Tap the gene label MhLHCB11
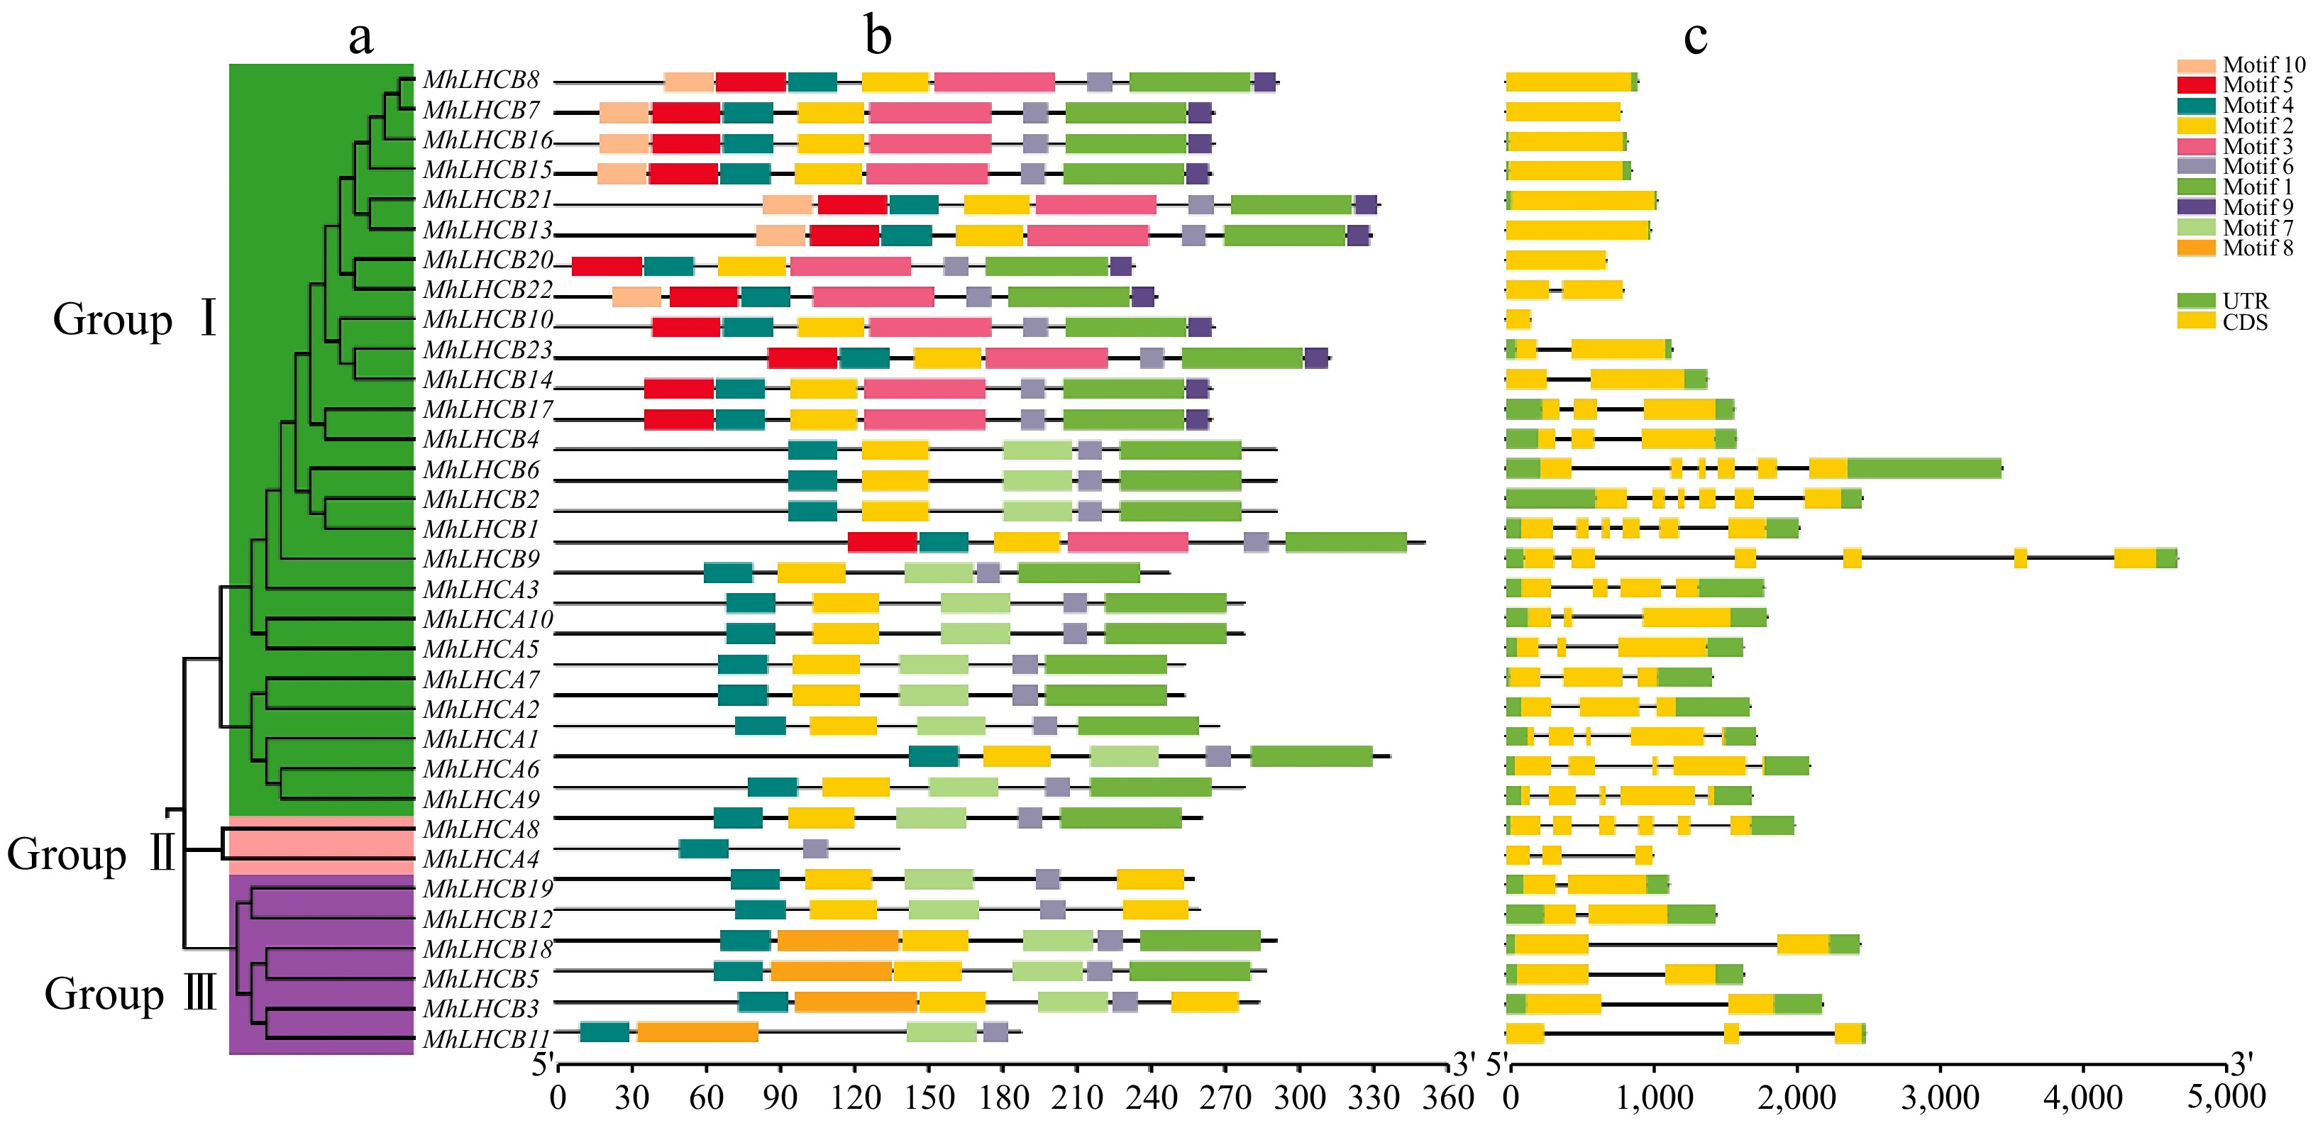(x=486, y=1039)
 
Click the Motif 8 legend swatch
(x=2195, y=248)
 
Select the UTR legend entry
(x=2235, y=301)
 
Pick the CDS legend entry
(x=2235, y=322)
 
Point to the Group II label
(x=91, y=853)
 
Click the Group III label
(x=131, y=994)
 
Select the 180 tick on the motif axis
(x=1003, y=1097)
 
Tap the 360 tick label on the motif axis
(x=1447, y=1097)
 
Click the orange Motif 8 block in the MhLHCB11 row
(x=697, y=1032)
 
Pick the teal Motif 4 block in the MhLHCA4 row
(x=703, y=848)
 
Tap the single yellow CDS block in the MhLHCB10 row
(x=1518, y=319)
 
